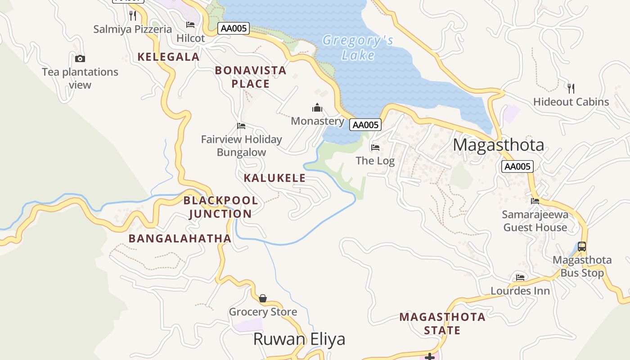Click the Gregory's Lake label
coord(358,48)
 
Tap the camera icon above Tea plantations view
coord(80,58)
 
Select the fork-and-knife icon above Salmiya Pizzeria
coord(132,16)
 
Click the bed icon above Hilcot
coord(190,25)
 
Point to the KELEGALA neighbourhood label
coord(168,57)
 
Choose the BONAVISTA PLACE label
coord(251,77)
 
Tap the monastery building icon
coord(317,108)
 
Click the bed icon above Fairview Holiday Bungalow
coord(241,126)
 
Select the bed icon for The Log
coord(375,148)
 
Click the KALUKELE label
coord(274,178)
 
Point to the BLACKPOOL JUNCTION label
coord(220,207)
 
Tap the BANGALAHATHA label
coord(180,238)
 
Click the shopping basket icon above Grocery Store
coord(263,298)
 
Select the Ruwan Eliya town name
coord(299,339)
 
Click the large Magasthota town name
coord(499,145)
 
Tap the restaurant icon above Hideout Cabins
coord(571,88)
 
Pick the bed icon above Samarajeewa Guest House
coord(535,201)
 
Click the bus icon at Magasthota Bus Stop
coord(582,246)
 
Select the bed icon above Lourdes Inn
coord(520,277)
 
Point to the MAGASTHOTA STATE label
coord(442,324)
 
